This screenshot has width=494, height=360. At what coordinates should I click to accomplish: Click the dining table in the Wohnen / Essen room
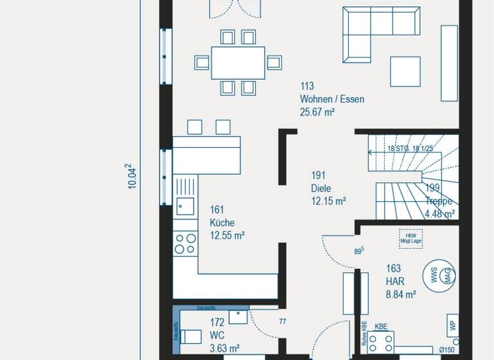coord(238,62)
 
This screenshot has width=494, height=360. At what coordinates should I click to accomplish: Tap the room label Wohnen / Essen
coord(332,99)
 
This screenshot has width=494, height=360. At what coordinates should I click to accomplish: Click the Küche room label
coord(222,222)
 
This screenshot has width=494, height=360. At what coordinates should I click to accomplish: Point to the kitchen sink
coord(185,206)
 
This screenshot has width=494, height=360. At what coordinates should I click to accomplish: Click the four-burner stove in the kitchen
coord(185,243)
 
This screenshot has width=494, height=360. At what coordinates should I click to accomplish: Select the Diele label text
coord(321,188)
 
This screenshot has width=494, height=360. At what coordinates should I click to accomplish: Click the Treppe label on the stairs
coord(439,201)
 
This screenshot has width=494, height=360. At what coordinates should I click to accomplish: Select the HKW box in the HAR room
coord(409,237)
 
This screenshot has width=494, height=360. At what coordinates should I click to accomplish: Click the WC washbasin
coord(238,316)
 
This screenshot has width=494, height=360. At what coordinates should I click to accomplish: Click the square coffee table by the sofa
coord(405,71)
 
